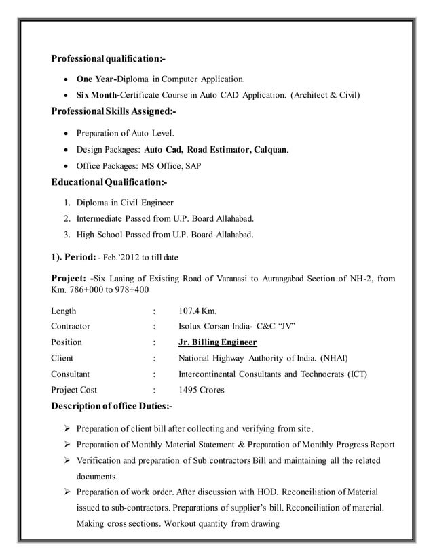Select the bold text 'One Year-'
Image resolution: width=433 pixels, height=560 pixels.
(96, 79)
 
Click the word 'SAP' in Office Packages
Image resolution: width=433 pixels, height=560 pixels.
(192, 165)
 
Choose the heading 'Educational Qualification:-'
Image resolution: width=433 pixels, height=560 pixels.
(109, 182)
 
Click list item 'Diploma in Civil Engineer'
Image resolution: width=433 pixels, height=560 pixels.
(125, 202)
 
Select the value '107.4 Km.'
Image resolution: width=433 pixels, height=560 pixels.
(197, 311)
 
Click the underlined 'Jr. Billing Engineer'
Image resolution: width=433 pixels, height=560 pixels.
(217, 342)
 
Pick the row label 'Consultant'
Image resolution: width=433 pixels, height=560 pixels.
(71, 374)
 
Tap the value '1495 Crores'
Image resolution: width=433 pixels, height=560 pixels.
(202, 390)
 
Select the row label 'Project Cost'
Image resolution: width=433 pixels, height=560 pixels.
(74, 390)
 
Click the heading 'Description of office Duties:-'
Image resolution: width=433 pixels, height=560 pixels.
(112, 406)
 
